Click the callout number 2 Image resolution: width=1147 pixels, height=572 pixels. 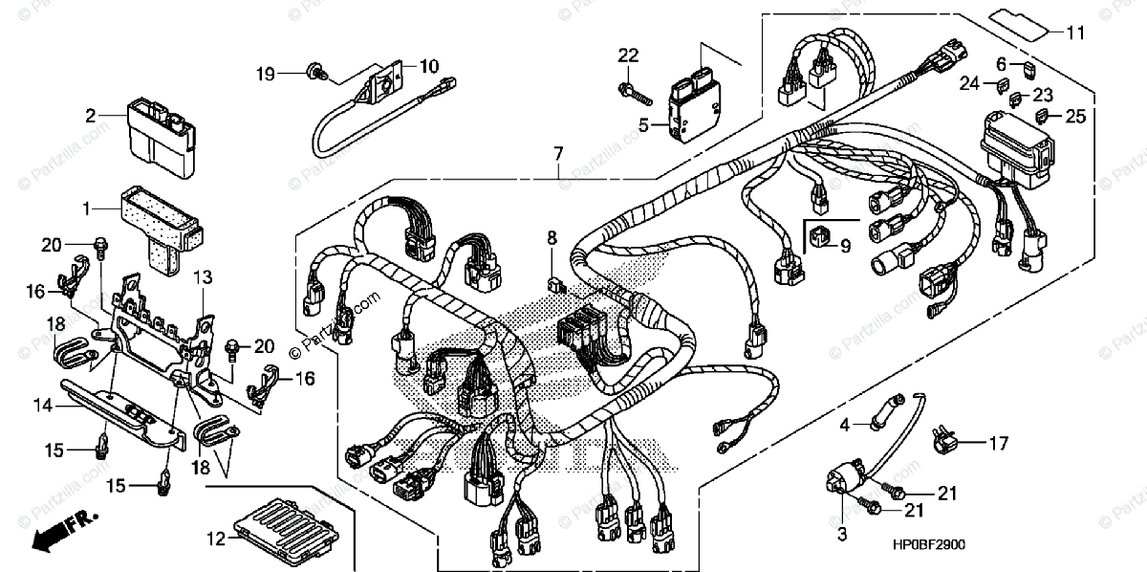pos(91,117)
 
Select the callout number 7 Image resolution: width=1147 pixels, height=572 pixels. pos(557,153)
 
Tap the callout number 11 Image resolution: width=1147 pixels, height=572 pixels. pos(1076,33)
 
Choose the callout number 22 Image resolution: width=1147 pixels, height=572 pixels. pos(626,56)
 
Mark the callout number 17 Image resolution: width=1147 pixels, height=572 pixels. pos(998,443)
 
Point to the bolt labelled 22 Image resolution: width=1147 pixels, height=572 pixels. pos(634,93)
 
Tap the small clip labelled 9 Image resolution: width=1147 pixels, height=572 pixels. pos(819,232)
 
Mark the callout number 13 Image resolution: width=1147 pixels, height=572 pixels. pos(202,277)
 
